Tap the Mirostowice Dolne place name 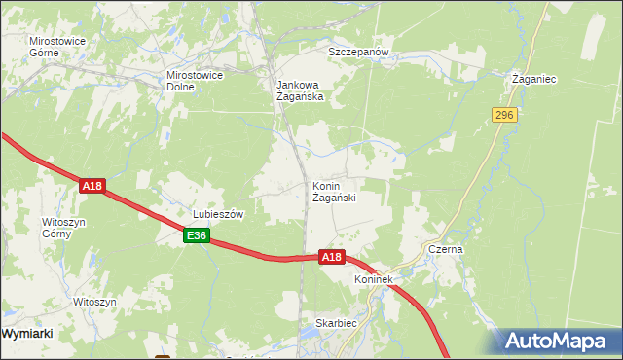coord(196,80)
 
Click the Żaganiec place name coord(534,79)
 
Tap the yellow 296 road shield coord(503,115)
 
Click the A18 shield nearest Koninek coord(332,257)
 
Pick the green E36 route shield coord(197,235)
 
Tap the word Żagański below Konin coord(333,198)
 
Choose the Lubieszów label coord(216,214)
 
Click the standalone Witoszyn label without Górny coord(94,302)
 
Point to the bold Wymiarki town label coord(28,333)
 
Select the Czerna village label coord(446,249)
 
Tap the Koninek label coord(373,280)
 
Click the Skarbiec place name coord(336,322)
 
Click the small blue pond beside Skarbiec coord(313,339)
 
